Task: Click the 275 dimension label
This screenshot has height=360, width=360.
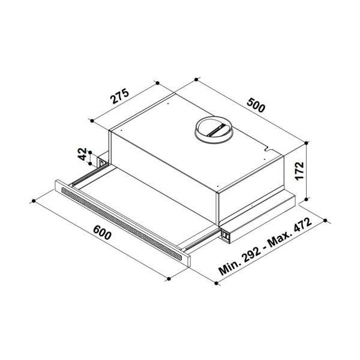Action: pos(119,96)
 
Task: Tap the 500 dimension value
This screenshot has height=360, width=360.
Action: pos(256,105)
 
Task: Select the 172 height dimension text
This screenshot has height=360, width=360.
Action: pos(300,171)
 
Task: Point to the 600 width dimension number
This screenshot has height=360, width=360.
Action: pos(103,232)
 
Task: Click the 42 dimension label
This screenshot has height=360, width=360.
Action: pos(82,154)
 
